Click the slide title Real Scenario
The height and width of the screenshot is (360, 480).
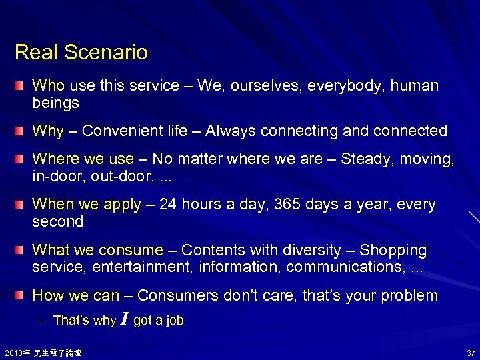81,52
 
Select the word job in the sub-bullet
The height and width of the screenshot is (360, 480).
174,321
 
